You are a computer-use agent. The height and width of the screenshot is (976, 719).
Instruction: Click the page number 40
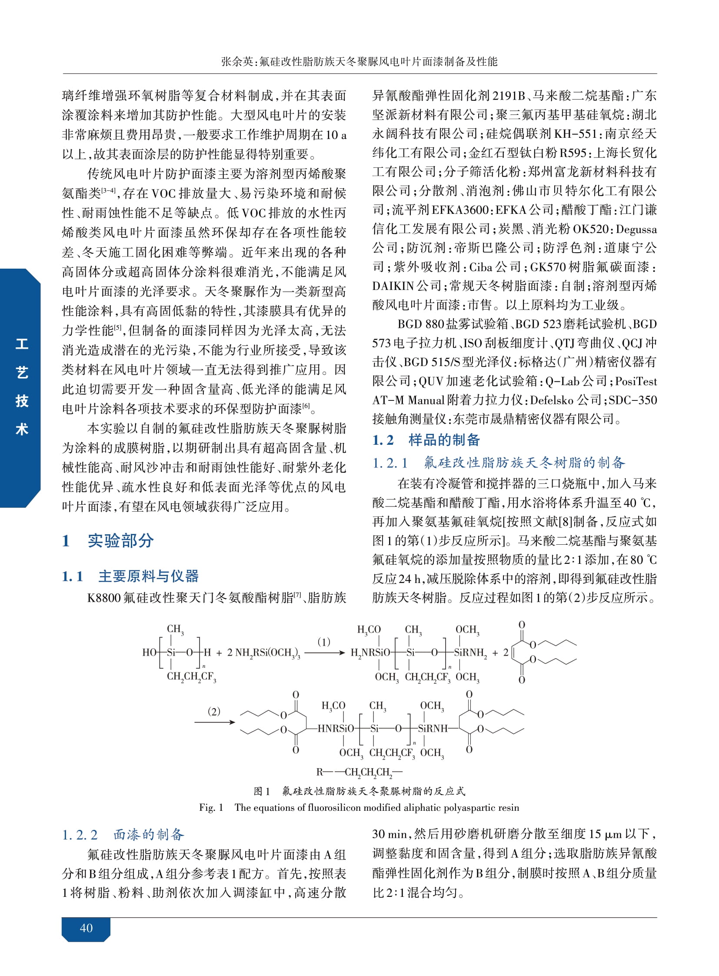pyautogui.click(x=86, y=928)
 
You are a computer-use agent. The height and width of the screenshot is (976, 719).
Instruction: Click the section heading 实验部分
pyautogui.click(x=120, y=540)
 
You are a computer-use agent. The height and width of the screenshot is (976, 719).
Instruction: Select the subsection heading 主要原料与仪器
pyautogui.click(x=148, y=576)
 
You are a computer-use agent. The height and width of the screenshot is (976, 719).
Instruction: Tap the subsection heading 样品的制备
pyautogui.click(x=443, y=440)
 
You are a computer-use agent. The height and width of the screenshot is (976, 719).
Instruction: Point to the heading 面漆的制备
pyautogui.click(x=148, y=834)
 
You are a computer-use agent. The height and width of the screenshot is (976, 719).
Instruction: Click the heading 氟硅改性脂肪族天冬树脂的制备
pyautogui.click(x=524, y=462)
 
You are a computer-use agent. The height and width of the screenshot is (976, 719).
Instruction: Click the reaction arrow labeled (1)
pyautogui.click(x=324, y=653)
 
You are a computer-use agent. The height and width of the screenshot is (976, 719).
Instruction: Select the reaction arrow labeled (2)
pyautogui.click(x=214, y=722)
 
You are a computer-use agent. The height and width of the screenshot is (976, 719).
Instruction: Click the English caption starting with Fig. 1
pyautogui.click(x=359, y=807)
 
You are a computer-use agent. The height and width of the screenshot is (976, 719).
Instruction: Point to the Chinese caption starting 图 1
pyautogui.click(x=359, y=791)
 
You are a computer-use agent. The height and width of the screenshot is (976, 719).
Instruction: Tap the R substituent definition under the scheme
pyautogui.click(x=359, y=772)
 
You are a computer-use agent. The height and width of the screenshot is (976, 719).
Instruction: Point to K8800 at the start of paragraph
pyautogui.click(x=103, y=597)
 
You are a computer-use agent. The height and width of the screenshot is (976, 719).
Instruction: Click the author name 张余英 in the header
pyautogui.click(x=237, y=61)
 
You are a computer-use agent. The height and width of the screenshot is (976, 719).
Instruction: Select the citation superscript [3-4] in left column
pyautogui.click(x=108, y=191)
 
